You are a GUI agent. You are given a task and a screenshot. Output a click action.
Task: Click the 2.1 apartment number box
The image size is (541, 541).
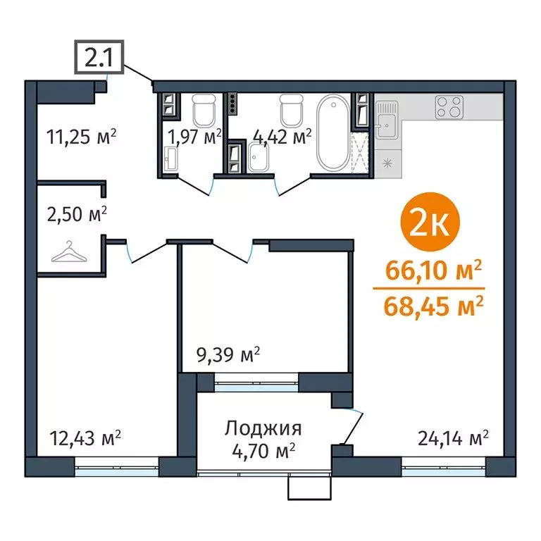click(x=99, y=57)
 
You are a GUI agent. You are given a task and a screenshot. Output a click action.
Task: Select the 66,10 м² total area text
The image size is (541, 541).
click(x=433, y=270)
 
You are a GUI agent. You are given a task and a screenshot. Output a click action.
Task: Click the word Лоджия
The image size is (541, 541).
click(x=263, y=428)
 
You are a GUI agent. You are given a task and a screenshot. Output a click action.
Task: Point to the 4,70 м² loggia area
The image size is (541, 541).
click(x=263, y=449)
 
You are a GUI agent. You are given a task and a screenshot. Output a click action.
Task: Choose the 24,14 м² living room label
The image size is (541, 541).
click(x=451, y=438)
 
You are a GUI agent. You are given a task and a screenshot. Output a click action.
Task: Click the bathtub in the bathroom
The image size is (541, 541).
click(x=331, y=134)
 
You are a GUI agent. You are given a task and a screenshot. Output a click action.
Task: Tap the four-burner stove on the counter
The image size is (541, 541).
click(x=449, y=107)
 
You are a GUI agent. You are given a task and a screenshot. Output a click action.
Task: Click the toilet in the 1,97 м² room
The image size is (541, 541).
click(x=204, y=108)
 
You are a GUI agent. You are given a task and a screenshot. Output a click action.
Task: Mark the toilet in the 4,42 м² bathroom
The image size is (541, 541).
click(x=290, y=108)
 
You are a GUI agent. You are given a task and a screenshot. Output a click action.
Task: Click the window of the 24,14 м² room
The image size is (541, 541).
click(x=443, y=466)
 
